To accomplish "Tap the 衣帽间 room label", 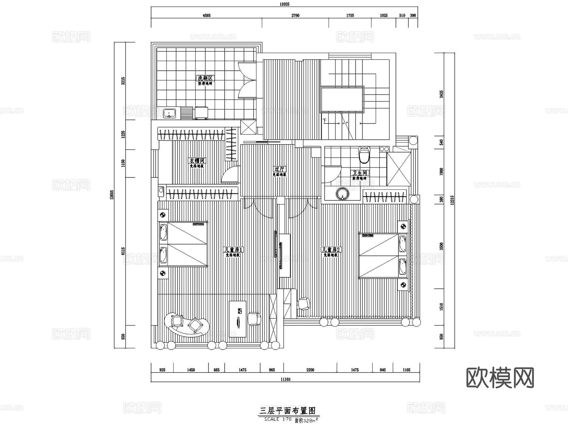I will click(x=197, y=161).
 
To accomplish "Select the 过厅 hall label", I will click(x=280, y=169).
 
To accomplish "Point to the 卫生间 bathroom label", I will click(x=360, y=173).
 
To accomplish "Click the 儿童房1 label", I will click(x=233, y=250).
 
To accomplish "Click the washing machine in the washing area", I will click(x=201, y=113).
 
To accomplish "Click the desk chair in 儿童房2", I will click(x=304, y=303).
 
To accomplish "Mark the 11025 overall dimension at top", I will click(x=284, y=4).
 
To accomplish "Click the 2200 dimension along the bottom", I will click(x=310, y=370).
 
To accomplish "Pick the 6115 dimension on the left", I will click(x=123, y=251).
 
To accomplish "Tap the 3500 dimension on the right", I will click(x=441, y=246).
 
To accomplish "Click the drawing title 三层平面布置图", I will click(x=287, y=410).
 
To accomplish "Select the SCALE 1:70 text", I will click(x=273, y=419).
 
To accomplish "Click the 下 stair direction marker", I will click(x=325, y=121).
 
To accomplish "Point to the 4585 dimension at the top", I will click(x=206, y=15).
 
